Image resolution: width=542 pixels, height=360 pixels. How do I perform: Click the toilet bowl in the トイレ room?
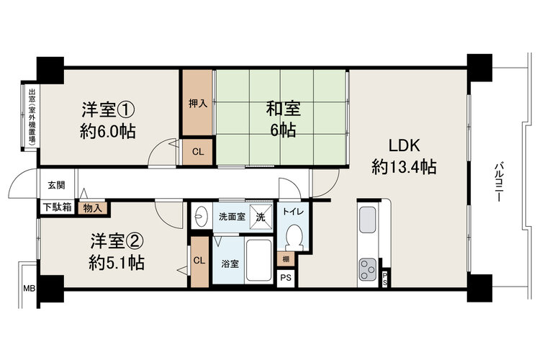point(294,237)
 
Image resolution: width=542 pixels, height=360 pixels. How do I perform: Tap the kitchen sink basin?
point(367,220)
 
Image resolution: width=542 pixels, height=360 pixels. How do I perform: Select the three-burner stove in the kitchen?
point(367,269)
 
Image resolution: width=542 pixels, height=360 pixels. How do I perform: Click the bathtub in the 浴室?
point(258,259)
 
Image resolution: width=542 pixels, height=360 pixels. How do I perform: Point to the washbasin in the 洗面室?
point(200,216)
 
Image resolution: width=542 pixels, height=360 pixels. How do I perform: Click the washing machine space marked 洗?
point(261,217)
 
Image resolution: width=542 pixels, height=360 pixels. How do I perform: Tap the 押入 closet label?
point(198,103)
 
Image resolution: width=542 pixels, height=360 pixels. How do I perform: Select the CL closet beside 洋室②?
point(199,262)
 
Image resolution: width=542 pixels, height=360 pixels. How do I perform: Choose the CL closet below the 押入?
point(198,152)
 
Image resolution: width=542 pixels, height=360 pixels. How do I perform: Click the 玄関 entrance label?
point(56,185)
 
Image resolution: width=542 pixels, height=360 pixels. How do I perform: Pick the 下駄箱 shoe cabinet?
point(58,207)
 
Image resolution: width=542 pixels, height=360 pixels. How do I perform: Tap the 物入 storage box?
point(92,208)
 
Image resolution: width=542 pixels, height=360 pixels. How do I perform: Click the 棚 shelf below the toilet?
point(286,259)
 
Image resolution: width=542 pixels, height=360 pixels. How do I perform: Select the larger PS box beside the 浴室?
point(286,278)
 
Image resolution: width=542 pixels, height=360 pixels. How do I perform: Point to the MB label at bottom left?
point(29,288)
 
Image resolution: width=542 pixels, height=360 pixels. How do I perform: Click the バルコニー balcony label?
point(498,182)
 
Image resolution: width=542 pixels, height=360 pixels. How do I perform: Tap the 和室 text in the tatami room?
point(283,109)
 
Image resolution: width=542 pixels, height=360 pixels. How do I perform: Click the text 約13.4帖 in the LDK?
point(404,167)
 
